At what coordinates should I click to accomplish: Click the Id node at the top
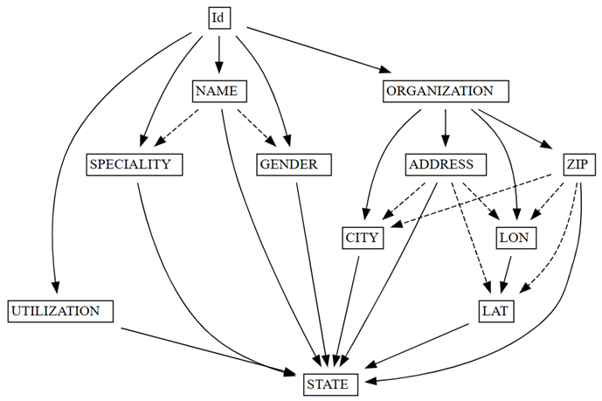coord(218,17)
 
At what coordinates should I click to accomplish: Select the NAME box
coord(218,91)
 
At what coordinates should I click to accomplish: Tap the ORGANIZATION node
coord(445,91)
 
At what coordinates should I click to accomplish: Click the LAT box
coord(501,310)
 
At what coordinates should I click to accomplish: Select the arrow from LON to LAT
coord(509,273)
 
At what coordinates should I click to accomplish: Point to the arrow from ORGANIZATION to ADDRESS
coord(446,128)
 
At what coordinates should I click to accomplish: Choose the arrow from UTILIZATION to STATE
coord(210,351)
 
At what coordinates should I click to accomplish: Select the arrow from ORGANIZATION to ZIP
coord(516,128)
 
